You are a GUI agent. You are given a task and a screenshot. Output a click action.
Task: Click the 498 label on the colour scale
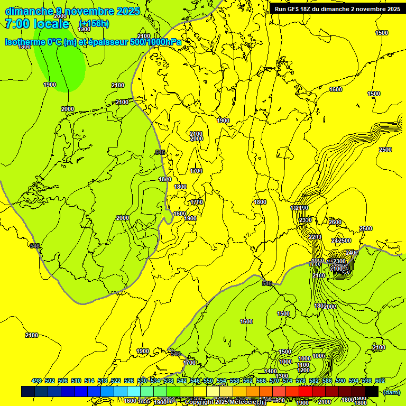(x=36, y=381)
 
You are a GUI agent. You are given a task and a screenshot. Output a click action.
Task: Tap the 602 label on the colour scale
(x=380, y=381)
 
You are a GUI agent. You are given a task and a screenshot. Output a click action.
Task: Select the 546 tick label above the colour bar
(x=195, y=381)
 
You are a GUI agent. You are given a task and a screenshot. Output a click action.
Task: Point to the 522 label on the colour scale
(x=116, y=381)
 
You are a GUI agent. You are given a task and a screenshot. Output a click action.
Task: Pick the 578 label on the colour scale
(x=301, y=381)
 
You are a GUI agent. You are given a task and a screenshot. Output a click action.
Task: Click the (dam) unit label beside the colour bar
(x=391, y=392)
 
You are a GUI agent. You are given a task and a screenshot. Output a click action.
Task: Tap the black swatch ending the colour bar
(x=372, y=392)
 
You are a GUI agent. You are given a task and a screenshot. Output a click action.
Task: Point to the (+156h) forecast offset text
(x=94, y=24)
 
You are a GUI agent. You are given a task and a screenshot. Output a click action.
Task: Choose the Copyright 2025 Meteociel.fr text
(x=225, y=402)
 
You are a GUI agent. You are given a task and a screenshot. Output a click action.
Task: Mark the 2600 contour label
(x=335, y=222)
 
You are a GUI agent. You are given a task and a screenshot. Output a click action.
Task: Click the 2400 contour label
(x=352, y=253)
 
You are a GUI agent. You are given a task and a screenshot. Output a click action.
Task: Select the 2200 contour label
(x=315, y=236)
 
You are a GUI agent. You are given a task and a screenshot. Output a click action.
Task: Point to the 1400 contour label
(x=270, y=371)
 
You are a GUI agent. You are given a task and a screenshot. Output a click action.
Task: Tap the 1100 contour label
(x=303, y=365)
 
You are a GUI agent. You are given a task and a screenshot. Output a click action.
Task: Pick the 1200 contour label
(x=303, y=370)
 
